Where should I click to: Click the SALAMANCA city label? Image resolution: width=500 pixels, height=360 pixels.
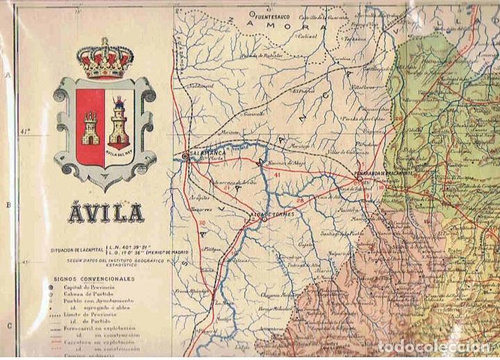tap(202, 155)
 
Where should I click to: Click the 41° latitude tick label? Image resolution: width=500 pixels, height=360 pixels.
tap(26, 130)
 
